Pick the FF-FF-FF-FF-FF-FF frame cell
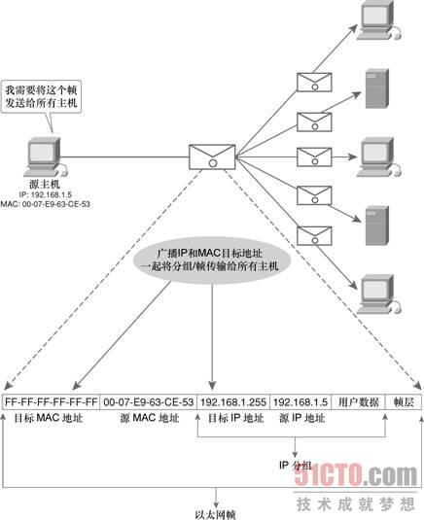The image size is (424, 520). (52, 401)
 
